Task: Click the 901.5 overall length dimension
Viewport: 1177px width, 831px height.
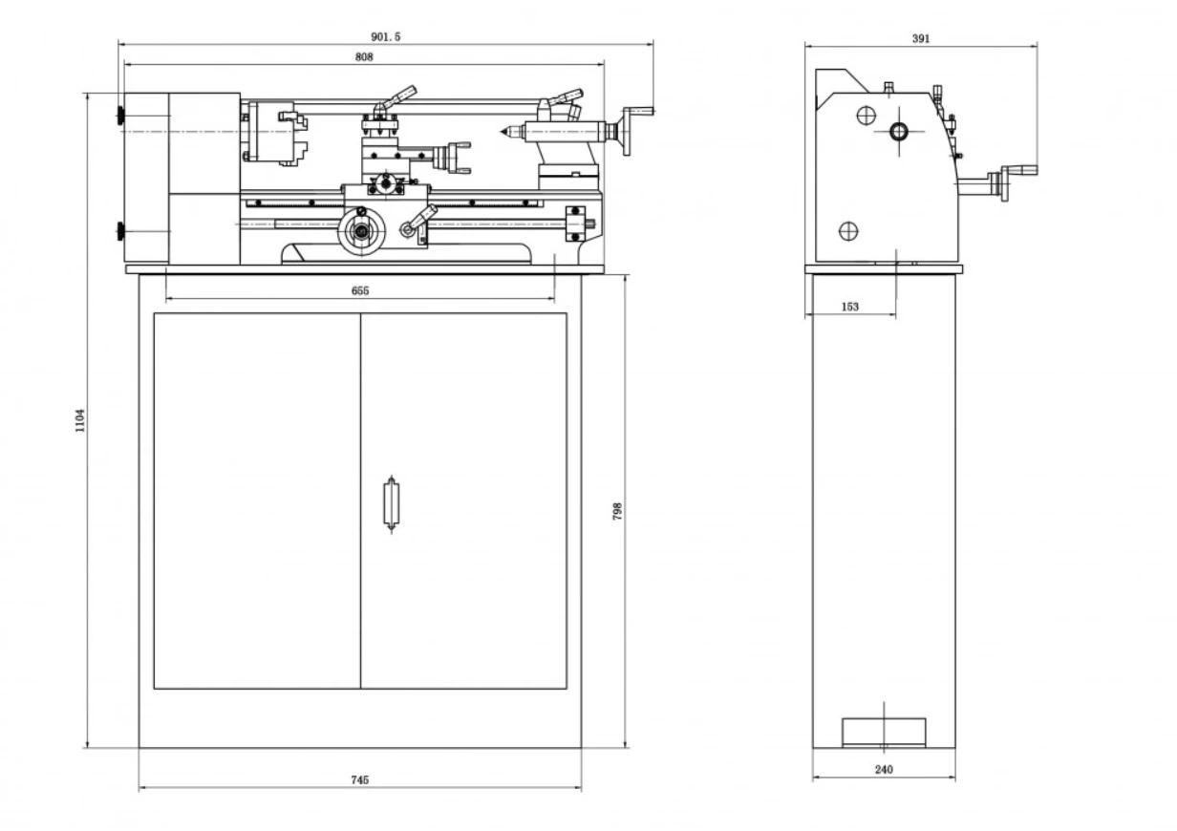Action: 386,36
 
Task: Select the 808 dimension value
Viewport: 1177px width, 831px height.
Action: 364,56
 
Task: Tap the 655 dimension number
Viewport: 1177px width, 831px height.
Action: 360,290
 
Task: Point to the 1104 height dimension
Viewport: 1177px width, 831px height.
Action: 80,420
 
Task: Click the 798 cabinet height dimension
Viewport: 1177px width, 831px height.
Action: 617,511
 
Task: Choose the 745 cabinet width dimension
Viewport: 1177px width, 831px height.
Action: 360,780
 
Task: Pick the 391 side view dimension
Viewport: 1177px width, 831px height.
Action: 921,38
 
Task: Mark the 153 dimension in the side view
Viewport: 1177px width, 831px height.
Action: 849,307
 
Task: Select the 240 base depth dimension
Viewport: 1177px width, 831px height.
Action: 884,770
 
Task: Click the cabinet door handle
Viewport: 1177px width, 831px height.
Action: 391,504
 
